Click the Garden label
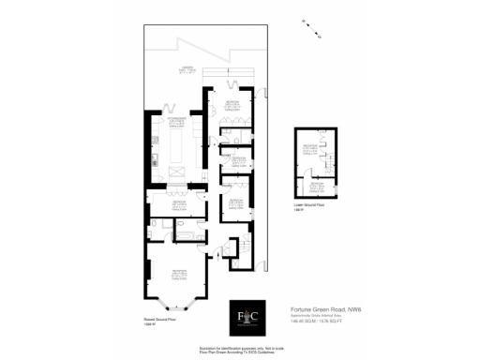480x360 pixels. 188,70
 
